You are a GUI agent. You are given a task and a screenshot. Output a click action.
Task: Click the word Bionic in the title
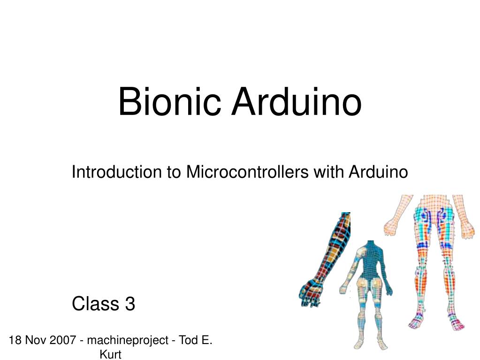(x=169, y=102)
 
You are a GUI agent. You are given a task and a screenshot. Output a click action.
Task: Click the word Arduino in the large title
(x=297, y=102)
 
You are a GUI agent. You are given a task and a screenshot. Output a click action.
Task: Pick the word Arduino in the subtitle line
(x=378, y=172)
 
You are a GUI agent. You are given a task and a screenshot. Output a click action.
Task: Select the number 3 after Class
(x=130, y=304)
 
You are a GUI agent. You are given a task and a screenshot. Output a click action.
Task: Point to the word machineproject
(x=128, y=340)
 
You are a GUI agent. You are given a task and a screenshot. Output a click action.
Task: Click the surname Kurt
(x=110, y=354)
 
